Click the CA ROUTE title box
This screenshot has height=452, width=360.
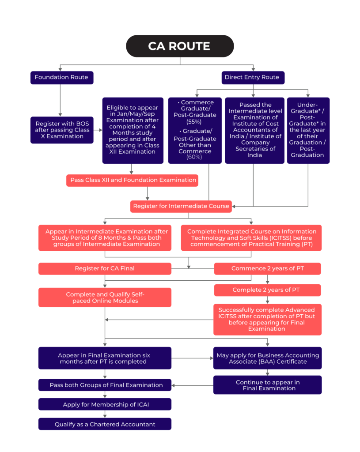pyautogui.click(x=180, y=46)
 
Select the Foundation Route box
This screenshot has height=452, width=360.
pyautogui.click(x=61, y=77)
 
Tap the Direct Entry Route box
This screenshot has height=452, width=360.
pyautogui.click(x=252, y=77)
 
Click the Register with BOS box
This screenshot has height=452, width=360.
pyautogui.click(x=62, y=130)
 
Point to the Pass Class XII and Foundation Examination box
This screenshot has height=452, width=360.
pyautogui.click(x=132, y=180)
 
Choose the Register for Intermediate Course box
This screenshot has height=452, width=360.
pyautogui.click(x=181, y=206)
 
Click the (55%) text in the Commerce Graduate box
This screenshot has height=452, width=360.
pyautogui.click(x=195, y=121)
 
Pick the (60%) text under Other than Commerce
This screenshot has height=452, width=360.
pyautogui.click(x=195, y=157)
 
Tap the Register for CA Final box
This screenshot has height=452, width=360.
pyautogui.click(x=105, y=268)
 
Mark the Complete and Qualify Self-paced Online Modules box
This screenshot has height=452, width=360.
pyautogui.click(x=105, y=298)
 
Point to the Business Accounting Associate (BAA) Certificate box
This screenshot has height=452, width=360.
pyautogui.click(x=267, y=358)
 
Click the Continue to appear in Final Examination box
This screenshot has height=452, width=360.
pyautogui.click(x=267, y=385)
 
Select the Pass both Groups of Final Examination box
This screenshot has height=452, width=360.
pyautogui.click(x=105, y=385)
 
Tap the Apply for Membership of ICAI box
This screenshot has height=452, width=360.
pyautogui.click(x=105, y=404)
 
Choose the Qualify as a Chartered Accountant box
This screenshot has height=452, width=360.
pyautogui.click(x=105, y=424)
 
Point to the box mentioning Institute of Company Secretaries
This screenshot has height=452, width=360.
pyautogui.click(x=255, y=130)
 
